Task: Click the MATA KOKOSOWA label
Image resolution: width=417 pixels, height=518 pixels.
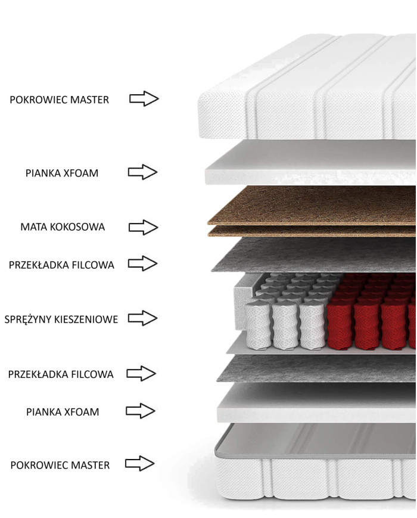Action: [63, 227]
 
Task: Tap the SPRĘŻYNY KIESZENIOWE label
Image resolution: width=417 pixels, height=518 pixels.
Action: [61, 319]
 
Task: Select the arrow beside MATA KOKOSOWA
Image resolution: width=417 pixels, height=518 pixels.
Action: [143, 227]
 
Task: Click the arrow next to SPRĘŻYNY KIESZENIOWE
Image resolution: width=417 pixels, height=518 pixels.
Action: [142, 318]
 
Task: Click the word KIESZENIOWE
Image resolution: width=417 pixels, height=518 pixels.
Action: [86, 320]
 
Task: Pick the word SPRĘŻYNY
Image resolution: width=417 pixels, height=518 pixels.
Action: [28, 319]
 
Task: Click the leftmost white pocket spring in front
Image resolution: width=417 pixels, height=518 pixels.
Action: [258, 325]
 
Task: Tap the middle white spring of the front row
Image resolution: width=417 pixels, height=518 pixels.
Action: [285, 325]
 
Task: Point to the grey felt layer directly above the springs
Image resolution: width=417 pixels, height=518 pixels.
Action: [314, 255]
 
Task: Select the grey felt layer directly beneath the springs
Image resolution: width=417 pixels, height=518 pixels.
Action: [316, 368]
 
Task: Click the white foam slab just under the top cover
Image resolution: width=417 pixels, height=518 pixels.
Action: [310, 162]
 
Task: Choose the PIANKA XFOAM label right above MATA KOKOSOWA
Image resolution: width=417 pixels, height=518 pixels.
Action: [62, 173]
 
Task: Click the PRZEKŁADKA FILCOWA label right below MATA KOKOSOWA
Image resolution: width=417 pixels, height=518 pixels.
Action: [61, 265]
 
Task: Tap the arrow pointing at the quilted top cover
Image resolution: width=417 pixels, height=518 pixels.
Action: [144, 98]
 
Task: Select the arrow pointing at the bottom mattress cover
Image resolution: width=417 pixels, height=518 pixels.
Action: [139, 463]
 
